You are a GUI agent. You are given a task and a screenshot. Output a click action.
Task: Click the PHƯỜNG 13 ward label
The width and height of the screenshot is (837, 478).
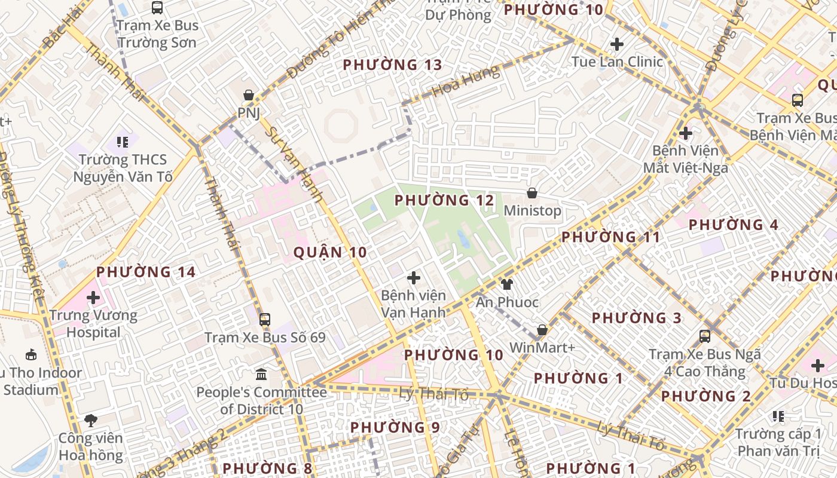click(392, 65)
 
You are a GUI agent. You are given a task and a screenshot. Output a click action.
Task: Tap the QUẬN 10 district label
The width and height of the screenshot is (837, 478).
click(330, 252)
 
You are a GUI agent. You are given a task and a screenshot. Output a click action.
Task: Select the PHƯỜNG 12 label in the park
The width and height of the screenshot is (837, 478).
click(444, 200)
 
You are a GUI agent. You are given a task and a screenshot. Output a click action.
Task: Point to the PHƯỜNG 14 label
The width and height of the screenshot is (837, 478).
click(146, 272)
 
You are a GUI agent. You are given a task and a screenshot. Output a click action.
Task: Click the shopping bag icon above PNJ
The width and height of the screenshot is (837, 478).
click(249, 95)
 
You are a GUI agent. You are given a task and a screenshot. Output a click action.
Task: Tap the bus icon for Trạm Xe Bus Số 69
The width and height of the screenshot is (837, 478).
click(265, 320)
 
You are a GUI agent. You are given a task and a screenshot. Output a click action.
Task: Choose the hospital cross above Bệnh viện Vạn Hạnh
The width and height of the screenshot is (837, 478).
click(413, 278)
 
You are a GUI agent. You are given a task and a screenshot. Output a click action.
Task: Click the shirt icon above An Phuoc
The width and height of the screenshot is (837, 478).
click(506, 284)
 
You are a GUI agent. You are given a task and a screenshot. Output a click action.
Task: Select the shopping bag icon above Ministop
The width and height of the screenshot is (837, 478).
click(531, 193)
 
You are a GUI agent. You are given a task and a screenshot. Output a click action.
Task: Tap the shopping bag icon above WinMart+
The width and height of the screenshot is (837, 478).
click(542, 330)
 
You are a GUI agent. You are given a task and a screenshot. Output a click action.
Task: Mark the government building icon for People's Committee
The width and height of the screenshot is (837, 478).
click(261, 375)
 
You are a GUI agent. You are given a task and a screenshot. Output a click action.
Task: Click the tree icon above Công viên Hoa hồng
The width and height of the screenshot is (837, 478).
click(91, 421)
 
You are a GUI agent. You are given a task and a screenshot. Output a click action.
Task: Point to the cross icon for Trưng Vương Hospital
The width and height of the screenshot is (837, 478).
click(93, 297)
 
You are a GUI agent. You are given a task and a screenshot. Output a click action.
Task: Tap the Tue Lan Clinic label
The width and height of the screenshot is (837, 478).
click(617, 62)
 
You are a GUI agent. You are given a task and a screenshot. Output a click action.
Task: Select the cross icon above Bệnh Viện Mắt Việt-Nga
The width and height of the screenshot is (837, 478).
click(686, 133)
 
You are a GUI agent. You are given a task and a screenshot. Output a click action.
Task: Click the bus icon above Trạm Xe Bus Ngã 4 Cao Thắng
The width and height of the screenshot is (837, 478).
click(705, 336)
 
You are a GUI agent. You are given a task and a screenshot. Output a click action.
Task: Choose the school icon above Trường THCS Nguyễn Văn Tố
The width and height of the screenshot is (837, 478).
click(123, 142)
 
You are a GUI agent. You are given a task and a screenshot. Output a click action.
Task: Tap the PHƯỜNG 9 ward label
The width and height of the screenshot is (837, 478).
click(395, 427)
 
